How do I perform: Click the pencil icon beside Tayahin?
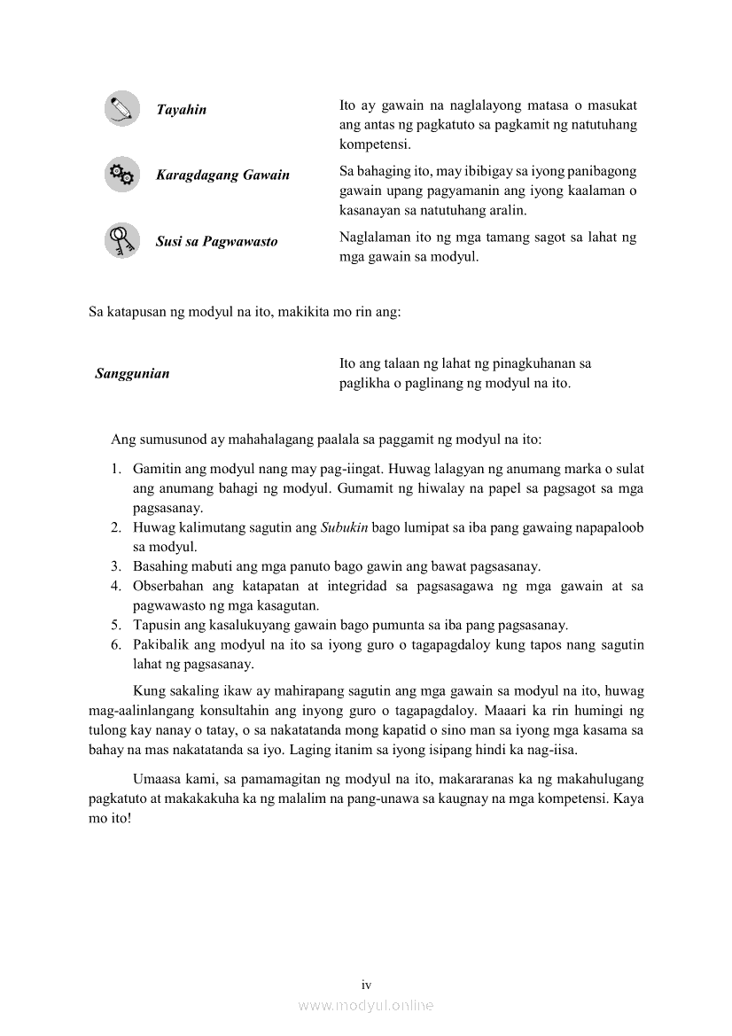[x=121, y=108]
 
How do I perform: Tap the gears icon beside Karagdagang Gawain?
[x=121, y=175]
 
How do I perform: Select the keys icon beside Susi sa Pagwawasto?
[x=121, y=240]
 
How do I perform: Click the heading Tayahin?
[x=181, y=110]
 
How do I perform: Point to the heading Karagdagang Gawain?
[x=222, y=175]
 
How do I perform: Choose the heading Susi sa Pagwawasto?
[x=216, y=241]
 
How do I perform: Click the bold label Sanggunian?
[x=132, y=374]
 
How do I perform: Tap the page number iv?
[x=366, y=985]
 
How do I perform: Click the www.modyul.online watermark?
[x=366, y=1006]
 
